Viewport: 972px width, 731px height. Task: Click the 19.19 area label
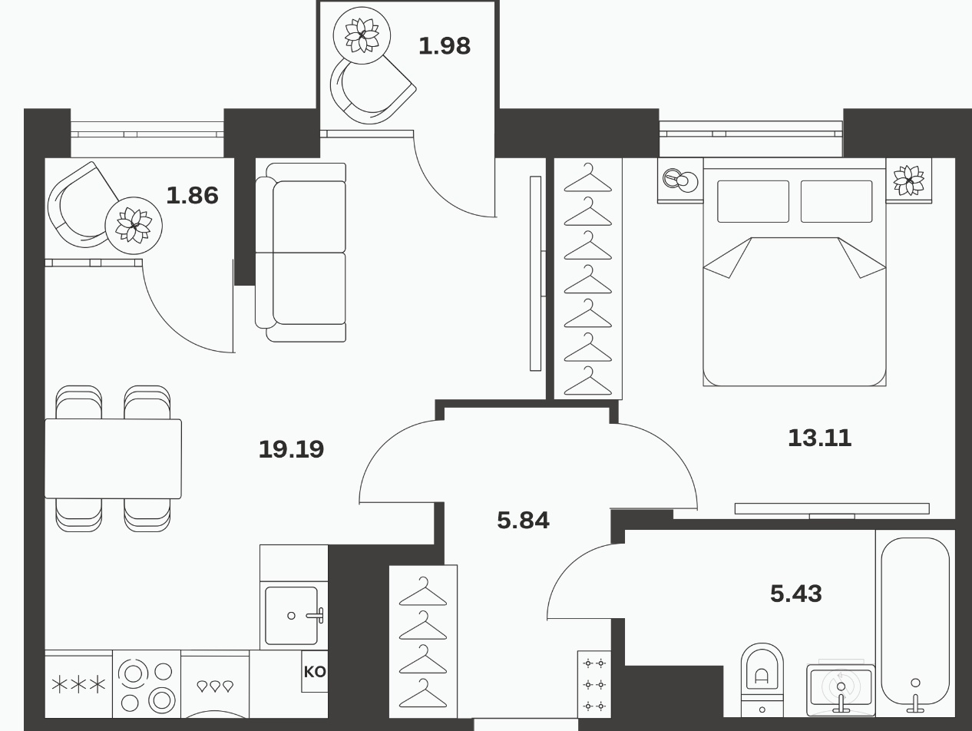[x=292, y=449]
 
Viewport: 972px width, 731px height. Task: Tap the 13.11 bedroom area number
[x=820, y=438]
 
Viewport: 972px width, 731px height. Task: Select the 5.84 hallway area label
[x=523, y=521]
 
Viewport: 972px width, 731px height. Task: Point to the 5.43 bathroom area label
[x=795, y=594]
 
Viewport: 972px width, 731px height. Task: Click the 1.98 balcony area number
[x=445, y=46]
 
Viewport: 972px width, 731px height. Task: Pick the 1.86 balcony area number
[x=192, y=195]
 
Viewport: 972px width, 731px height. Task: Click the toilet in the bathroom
[x=762, y=680]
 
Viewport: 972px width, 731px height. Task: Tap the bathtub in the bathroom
[x=915, y=623]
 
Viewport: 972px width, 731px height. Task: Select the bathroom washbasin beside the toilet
[x=841, y=690]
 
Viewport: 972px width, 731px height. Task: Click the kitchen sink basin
[x=292, y=616]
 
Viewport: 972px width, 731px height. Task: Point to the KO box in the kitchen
[x=315, y=672]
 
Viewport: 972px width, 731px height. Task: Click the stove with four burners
[x=147, y=683]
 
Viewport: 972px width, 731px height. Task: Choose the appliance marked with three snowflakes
[x=78, y=683]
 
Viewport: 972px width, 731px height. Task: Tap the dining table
[x=113, y=458]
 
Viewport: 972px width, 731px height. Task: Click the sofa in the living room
[x=301, y=253]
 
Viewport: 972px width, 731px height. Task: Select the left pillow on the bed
[x=753, y=201]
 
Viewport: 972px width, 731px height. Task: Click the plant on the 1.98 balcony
[x=362, y=35]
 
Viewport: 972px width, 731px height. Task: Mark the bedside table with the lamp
[x=680, y=180]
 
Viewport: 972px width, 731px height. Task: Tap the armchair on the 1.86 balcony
[x=84, y=204]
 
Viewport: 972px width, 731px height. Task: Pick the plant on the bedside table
[x=909, y=180]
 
